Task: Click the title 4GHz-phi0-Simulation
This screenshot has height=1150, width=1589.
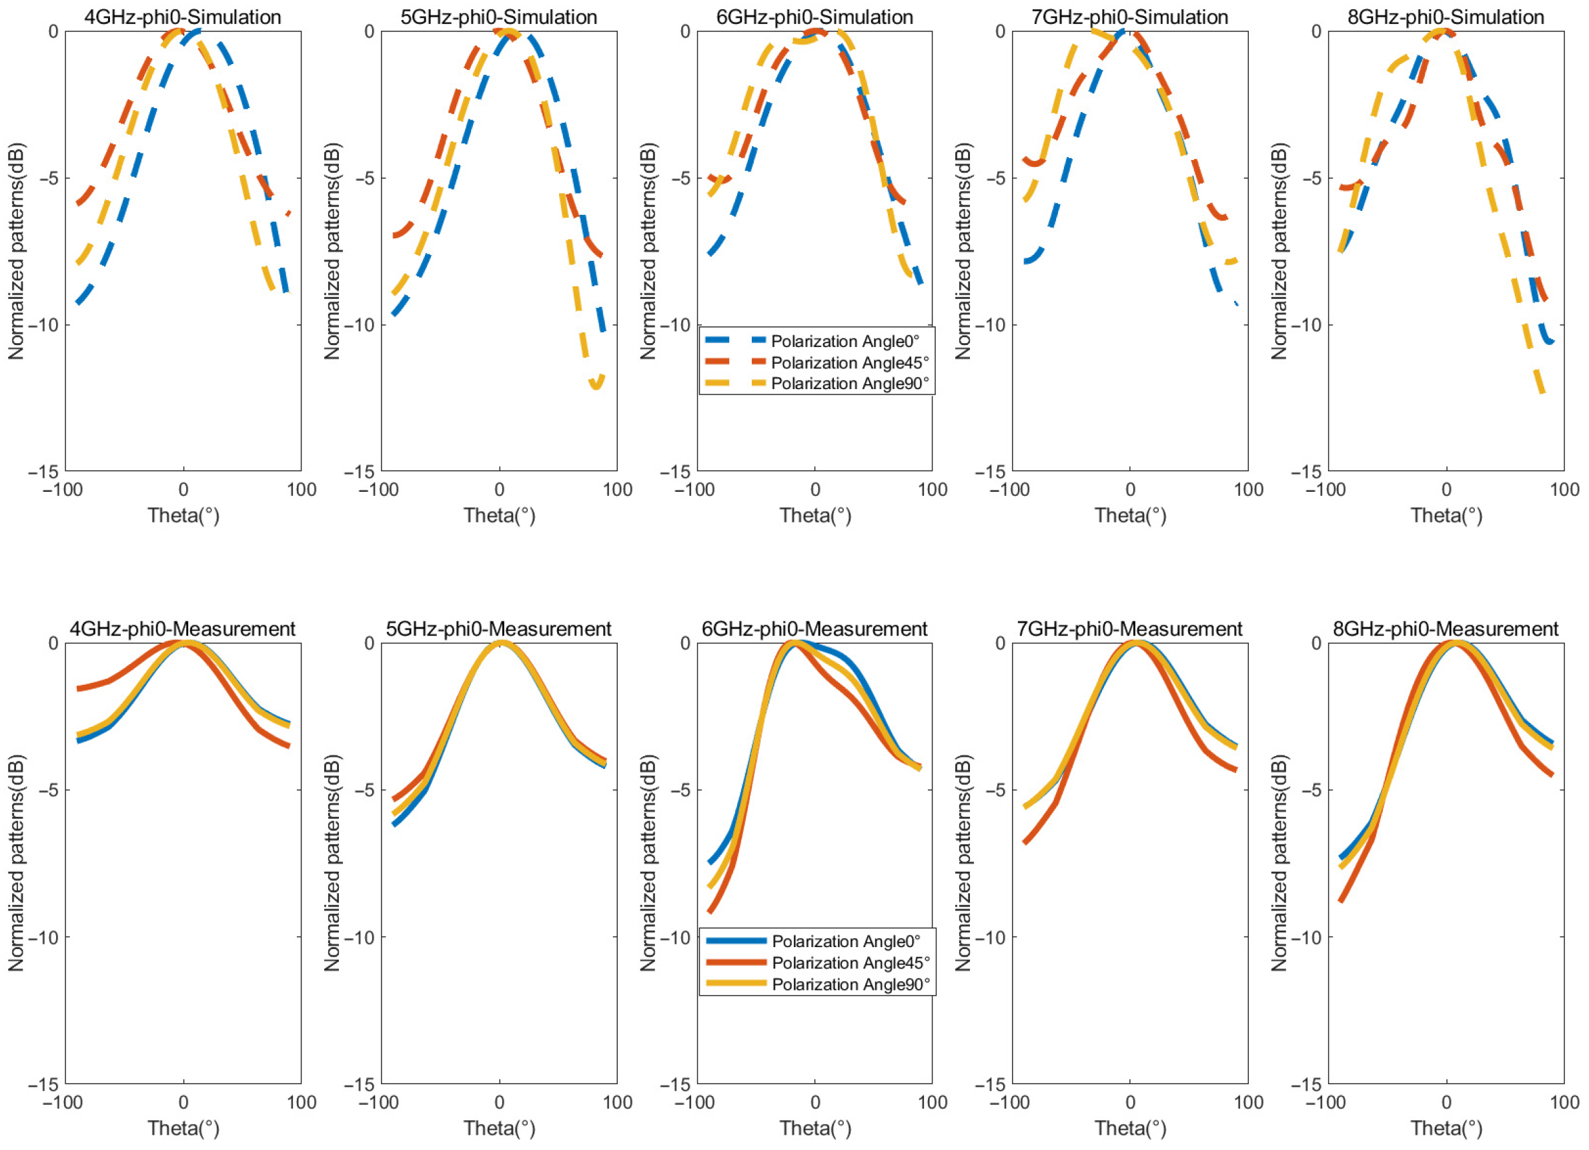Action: (182, 16)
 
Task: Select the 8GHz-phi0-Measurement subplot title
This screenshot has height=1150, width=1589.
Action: (1446, 629)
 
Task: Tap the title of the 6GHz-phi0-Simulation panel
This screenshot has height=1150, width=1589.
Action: (814, 16)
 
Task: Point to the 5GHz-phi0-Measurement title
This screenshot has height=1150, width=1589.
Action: (498, 629)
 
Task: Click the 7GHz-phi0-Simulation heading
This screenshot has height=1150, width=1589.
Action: (1129, 16)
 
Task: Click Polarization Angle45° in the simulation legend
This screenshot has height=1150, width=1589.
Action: (849, 362)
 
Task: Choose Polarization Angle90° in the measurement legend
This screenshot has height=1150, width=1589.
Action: (851, 984)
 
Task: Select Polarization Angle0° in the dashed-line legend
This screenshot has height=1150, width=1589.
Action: (845, 341)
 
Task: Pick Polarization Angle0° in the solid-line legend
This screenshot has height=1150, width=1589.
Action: (846, 941)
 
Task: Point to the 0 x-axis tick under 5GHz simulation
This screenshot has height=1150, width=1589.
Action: (499, 489)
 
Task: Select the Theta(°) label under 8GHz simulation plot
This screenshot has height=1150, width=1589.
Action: (1446, 516)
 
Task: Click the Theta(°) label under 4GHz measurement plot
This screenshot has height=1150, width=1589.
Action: (183, 1128)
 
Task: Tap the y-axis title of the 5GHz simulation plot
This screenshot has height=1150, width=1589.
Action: (332, 251)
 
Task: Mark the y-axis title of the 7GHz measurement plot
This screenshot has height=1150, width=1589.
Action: (963, 863)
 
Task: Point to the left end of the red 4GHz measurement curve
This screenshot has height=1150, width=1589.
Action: (79, 688)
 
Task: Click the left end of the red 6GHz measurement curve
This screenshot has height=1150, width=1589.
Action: (710, 912)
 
